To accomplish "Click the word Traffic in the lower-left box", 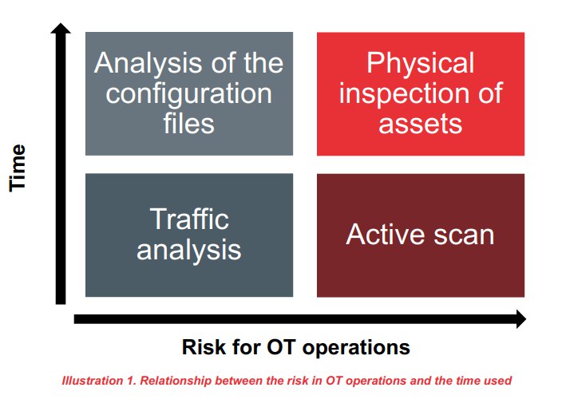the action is [x=189, y=219].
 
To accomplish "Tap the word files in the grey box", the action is [x=189, y=123].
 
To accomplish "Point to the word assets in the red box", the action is [x=421, y=124].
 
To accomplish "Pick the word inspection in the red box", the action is [x=406, y=93].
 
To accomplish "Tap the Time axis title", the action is [x=18, y=168].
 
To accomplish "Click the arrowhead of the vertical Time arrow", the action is [x=61, y=28].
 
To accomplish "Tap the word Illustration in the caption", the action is [x=93, y=380].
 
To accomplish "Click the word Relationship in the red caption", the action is [x=176, y=381].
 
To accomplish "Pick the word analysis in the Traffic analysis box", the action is [x=189, y=251].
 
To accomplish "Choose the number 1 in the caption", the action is [x=131, y=381].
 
